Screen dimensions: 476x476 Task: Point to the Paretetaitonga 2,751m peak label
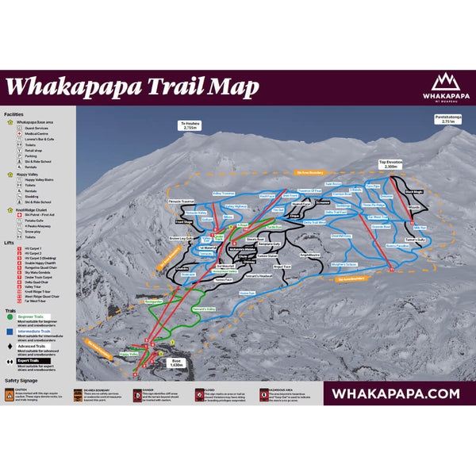(447, 119)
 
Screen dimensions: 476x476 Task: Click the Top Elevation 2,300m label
(390, 164)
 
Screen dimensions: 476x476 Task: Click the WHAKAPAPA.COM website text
(395, 393)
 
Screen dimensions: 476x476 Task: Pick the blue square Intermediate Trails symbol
(9, 333)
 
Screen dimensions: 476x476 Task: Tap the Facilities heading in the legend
(14, 114)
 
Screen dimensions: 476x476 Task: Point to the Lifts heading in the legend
(9, 241)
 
